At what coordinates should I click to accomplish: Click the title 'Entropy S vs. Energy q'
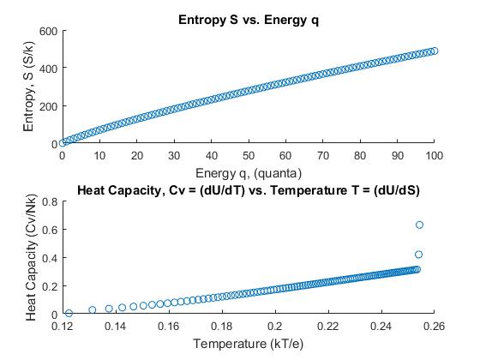[x=248, y=19]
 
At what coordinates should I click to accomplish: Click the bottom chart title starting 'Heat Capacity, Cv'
[x=248, y=189]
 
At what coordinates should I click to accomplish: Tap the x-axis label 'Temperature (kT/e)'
[x=248, y=345]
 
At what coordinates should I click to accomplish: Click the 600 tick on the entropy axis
[x=47, y=31]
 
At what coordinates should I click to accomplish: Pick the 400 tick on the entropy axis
[x=47, y=69]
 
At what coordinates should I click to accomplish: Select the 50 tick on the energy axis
[x=249, y=157]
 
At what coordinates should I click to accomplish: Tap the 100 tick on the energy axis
[x=435, y=157]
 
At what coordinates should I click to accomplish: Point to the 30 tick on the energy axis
[x=174, y=157]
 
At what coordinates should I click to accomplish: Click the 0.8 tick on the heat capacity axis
[x=50, y=201]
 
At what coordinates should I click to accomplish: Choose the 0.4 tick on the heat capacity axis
[x=50, y=258]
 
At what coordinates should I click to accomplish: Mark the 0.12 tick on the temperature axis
[x=63, y=327]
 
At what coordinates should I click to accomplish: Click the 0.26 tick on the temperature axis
[x=435, y=327]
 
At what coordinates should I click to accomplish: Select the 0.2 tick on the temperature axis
[x=275, y=327]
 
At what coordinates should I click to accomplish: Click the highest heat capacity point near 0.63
[x=419, y=225]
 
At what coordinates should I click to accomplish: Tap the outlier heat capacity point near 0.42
[x=419, y=255]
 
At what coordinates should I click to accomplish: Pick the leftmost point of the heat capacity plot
[x=69, y=314]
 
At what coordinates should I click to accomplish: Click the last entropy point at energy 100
[x=435, y=51]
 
